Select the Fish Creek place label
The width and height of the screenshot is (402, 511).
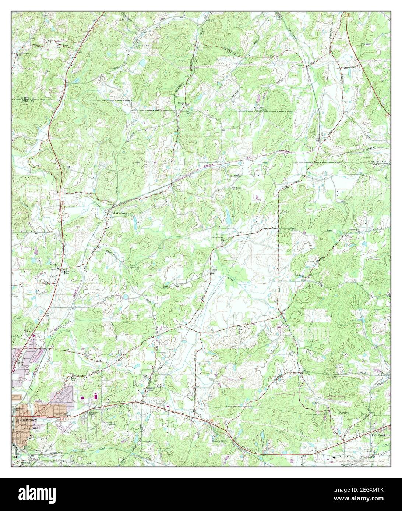coord(378,435)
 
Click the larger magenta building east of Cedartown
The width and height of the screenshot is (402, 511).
coord(96,396)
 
